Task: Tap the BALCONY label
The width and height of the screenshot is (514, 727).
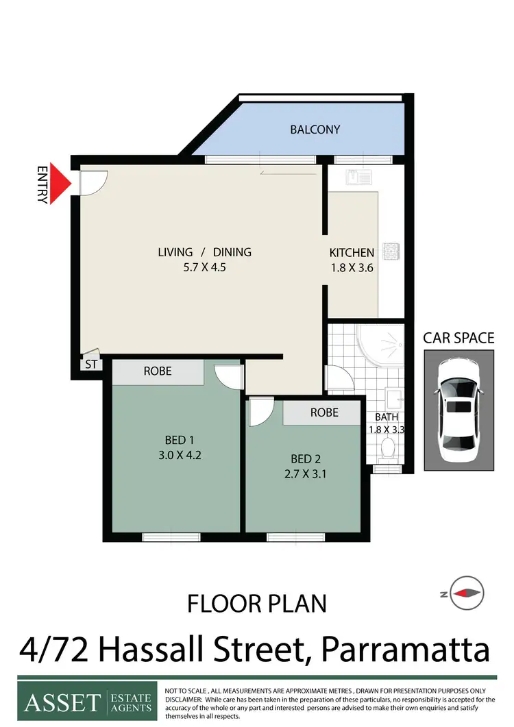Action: click(x=315, y=130)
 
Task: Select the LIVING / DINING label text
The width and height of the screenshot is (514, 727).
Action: click(x=204, y=252)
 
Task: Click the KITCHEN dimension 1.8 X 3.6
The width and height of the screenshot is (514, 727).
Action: click(x=352, y=268)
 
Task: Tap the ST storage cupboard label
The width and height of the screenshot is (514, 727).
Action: click(x=92, y=365)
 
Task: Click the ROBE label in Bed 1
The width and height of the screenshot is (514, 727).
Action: click(x=157, y=371)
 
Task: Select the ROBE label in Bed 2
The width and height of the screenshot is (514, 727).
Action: click(x=323, y=412)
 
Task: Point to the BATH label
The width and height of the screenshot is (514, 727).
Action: click(x=387, y=417)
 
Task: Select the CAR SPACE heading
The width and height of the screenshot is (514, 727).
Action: click(x=458, y=337)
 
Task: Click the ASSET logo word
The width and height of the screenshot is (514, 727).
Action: click(x=62, y=702)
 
